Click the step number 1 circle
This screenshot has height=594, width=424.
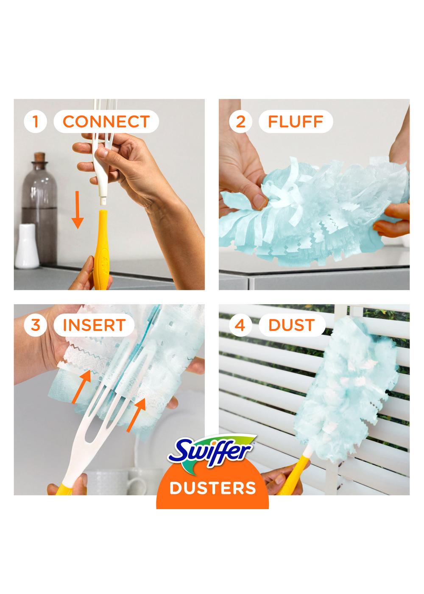(36, 122)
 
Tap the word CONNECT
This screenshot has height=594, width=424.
(106, 122)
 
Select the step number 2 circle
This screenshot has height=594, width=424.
(240, 122)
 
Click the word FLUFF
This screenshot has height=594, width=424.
(296, 122)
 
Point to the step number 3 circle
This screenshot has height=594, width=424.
(36, 325)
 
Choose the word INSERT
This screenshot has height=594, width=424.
(94, 325)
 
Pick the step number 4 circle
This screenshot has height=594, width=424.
(240, 325)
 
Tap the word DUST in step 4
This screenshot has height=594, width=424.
(292, 325)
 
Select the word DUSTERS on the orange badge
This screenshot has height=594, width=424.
(213, 488)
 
